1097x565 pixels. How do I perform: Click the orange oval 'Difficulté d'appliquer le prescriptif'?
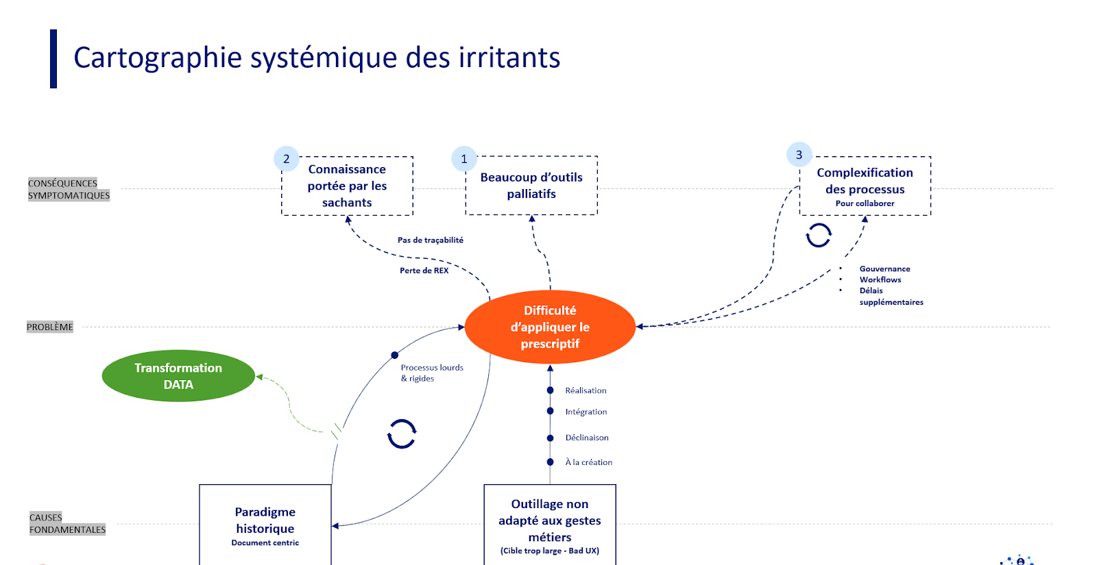[550, 327]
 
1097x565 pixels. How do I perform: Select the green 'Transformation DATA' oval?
[178, 376]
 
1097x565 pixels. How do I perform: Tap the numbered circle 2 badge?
[287, 159]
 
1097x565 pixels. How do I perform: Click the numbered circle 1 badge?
[464, 159]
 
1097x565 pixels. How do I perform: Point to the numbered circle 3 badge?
[799, 155]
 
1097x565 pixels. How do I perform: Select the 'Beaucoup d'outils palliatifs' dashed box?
[531, 186]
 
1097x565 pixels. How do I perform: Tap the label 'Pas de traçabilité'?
[431, 240]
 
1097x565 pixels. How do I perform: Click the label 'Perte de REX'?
[424, 271]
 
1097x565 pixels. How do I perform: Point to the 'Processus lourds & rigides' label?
[432, 373]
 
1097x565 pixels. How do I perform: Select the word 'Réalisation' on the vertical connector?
[586, 390]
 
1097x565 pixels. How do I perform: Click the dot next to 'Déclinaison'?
[550, 438]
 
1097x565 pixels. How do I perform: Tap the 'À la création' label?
[588, 462]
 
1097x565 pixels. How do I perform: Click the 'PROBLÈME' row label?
[50, 327]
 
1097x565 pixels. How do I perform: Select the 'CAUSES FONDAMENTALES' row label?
[67, 523]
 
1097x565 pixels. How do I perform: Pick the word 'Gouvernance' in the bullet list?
[884, 269]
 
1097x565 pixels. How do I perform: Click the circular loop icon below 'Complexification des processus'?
[819, 235]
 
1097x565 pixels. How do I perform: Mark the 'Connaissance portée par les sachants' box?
[347, 186]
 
